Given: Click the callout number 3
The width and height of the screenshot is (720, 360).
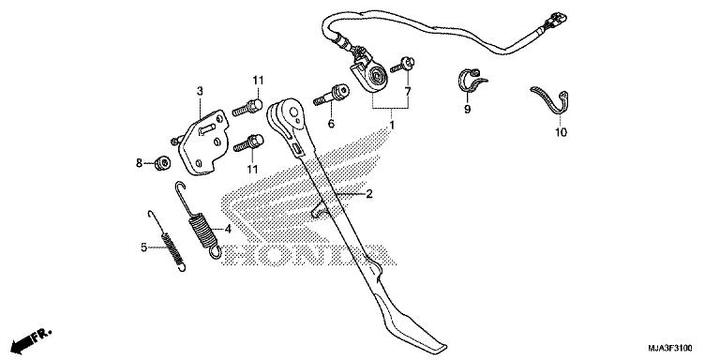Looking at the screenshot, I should pos(200,90).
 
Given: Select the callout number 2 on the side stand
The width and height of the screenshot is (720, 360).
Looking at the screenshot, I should pos(369,194).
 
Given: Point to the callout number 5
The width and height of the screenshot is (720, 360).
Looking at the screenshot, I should pos(143,247).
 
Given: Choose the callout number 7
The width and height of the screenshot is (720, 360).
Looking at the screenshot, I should pos(407,92).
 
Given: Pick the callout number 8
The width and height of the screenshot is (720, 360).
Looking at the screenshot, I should pos(139,163).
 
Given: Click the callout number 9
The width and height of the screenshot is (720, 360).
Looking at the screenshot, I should pos(467,110).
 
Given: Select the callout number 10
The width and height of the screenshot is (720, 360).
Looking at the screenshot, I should pos(561,133).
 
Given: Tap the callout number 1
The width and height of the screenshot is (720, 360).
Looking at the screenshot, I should pos(392,124).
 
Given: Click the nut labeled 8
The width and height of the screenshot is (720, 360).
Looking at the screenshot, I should pos(161,164).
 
